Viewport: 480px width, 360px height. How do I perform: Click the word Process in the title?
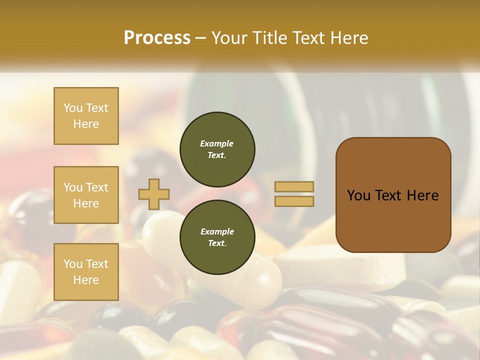tap(157, 38)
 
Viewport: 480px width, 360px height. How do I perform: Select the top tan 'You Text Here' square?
tap(86, 116)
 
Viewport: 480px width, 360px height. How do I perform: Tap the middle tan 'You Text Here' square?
tap(86, 195)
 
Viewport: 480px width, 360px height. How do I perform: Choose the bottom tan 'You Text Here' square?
tap(86, 272)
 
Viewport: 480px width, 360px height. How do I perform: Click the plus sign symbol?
tap(153, 194)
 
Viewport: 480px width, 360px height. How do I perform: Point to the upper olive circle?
tap(217, 149)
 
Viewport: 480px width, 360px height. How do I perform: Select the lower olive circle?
tap(217, 237)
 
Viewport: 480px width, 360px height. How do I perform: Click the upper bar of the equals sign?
tap(294, 186)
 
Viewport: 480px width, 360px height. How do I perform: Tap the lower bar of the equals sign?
tap(294, 201)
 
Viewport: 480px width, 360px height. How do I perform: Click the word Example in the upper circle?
tap(217, 143)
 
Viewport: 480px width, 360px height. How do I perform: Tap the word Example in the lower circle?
tap(217, 231)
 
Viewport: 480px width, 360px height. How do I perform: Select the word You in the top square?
tap(72, 108)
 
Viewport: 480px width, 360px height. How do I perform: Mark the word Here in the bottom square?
tap(86, 280)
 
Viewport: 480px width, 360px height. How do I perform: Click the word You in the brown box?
tap(358, 195)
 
